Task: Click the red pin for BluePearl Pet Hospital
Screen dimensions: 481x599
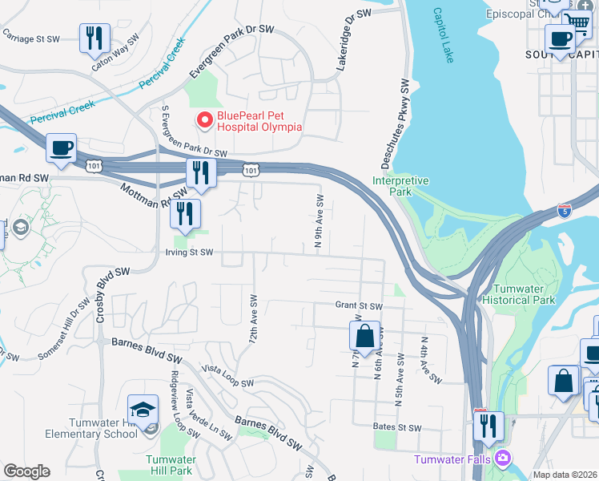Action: point(204,120)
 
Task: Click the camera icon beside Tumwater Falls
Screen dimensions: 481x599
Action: point(503,459)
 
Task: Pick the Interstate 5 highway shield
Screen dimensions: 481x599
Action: point(565,211)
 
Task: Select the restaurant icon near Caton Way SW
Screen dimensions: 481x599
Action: point(94,37)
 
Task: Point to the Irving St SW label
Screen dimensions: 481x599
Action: point(190,252)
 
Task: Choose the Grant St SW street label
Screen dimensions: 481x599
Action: point(359,305)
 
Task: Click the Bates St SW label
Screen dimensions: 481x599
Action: point(397,428)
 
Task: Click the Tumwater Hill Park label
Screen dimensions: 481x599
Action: point(170,465)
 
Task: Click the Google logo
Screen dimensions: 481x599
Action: point(26,471)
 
